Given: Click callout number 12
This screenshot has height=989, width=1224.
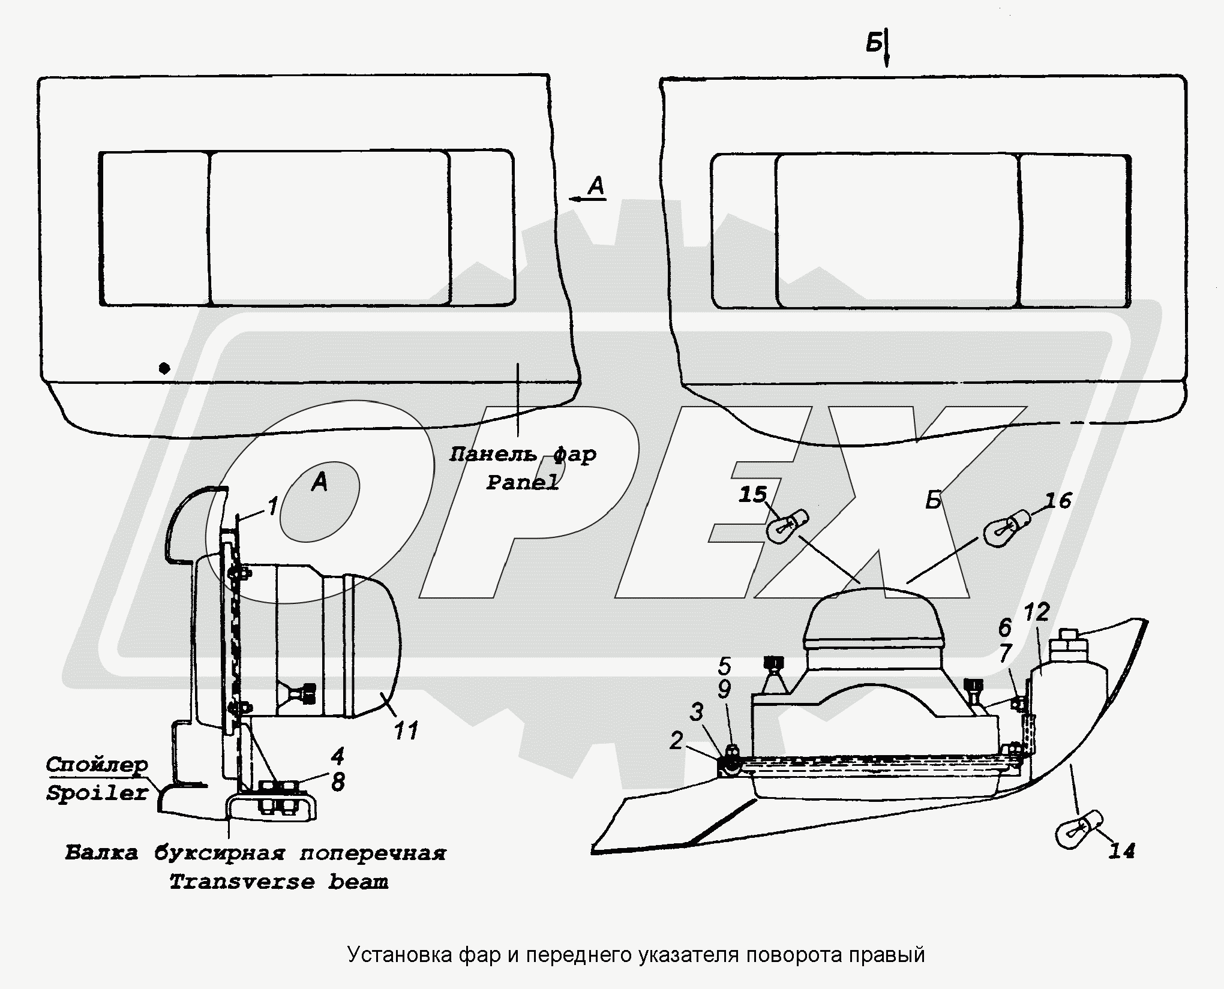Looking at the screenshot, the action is (x=1036, y=612).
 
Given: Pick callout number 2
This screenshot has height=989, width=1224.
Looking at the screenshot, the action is (x=676, y=741).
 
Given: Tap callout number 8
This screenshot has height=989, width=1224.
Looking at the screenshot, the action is (x=338, y=781).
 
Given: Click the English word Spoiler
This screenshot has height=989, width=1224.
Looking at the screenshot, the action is (x=97, y=794).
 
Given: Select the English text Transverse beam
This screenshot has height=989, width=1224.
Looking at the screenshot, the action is (x=279, y=882).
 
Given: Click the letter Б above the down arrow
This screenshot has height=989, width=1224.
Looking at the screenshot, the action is (x=873, y=43).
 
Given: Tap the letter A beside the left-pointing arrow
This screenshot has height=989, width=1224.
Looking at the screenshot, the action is (x=596, y=187).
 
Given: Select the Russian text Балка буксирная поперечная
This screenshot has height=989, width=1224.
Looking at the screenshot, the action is (x=256, y=853).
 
